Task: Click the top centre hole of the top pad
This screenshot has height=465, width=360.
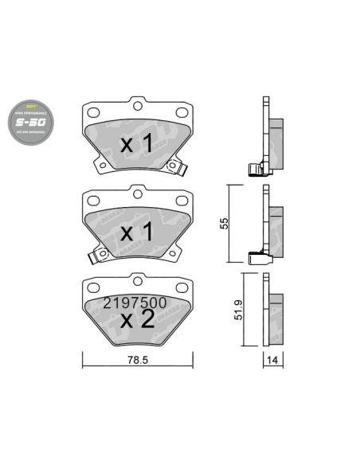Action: pyautogui.click(x=136, y=107)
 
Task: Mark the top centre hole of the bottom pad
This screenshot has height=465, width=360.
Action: pyautogui.click(x=136, y=281)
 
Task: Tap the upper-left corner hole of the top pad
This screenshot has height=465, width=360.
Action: pyautogui.click(x=90, y=112)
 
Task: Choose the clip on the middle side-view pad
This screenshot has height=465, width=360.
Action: pyautogui.click(x=256, y=256)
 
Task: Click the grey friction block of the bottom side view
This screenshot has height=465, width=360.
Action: pyautogui.click(x=276, y=312)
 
